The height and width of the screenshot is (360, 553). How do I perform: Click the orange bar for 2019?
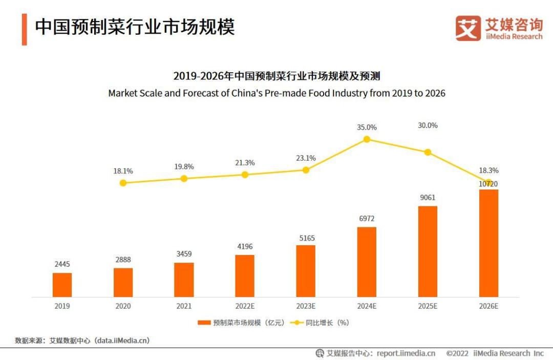click(x=62, y=285)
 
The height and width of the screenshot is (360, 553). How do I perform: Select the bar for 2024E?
click(x=367, y=262)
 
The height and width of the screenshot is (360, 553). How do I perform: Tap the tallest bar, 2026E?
click(x=488, y=243)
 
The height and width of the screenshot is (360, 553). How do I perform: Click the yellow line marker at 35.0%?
click(x=367, y=139)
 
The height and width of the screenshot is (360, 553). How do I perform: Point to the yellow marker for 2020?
click(x=123, y=183)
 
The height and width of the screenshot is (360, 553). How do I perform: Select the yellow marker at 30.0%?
click(x=428, y=152)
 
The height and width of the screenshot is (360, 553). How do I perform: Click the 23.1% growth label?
click(x=306, y=158)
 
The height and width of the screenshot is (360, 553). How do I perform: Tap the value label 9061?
click(x=428, y=198)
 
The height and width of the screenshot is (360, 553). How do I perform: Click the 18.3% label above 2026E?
click(x=488, y=171)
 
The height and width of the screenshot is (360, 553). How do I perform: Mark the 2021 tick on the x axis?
click(x=184, y=306)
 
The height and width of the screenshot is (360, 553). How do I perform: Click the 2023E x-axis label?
click(x=306, y=306)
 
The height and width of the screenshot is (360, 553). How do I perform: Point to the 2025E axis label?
click(x=428, y=306)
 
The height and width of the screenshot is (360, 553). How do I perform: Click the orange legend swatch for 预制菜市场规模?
click(x=204, y=323)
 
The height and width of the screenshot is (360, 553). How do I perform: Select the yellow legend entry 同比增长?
click(x=320, y=323)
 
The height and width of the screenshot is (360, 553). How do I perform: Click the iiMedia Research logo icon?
click(x=468, y=29)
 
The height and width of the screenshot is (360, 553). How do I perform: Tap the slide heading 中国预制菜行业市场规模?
click(x=135, y=28)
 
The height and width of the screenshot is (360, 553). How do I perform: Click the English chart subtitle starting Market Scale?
click(x=276, y=93)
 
